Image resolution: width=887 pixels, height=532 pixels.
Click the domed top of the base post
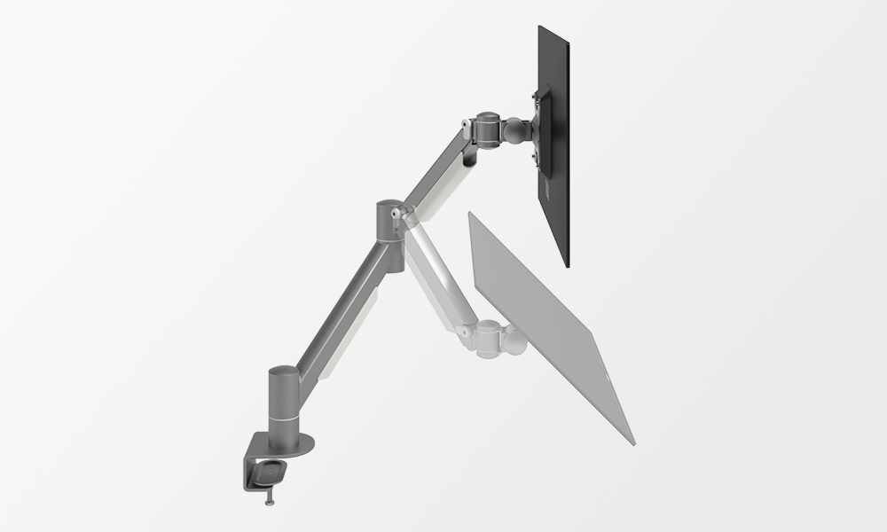click(281, 370)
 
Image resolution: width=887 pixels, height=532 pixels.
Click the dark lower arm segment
click(341, 306)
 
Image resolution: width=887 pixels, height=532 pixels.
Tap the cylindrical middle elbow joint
click(388, 222)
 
